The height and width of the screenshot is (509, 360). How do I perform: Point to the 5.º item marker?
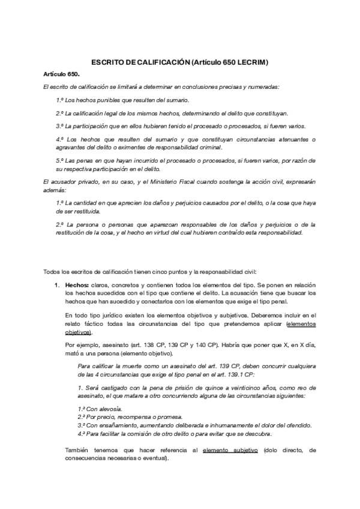tap(60, 160)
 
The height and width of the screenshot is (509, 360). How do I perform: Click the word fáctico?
tap(88, 324)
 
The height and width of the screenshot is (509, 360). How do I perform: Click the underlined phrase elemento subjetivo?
tap(230, 450)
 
